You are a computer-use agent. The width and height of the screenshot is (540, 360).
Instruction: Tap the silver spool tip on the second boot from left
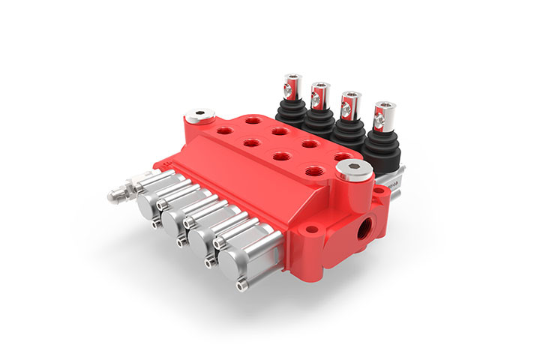(319, 93)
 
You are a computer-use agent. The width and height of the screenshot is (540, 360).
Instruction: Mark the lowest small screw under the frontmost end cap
(241, 284)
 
